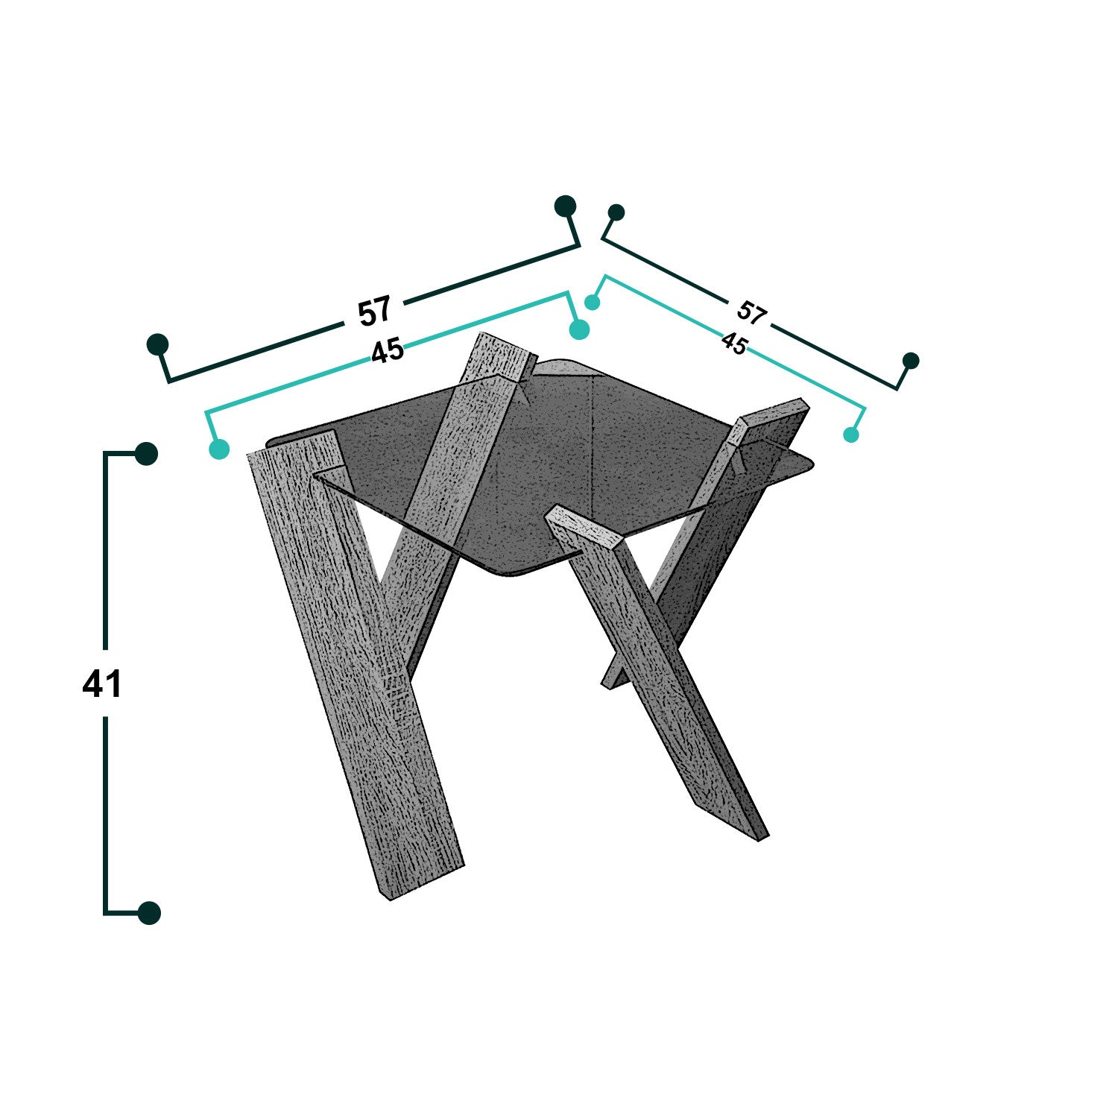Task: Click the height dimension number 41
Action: click(x=102, y=683)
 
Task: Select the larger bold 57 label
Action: click(x=374, y=311)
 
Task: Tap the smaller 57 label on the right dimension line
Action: click(x=751, y=313)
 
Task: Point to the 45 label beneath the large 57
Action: click(x=388, y=350)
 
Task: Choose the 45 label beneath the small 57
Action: click(x=734, y=344)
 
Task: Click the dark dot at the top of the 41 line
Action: click(x=146, y=453)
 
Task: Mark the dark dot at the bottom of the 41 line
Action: click(x=149, y=912)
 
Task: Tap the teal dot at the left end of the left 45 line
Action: click(x=219, y=449)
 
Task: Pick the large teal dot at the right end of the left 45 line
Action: click(x=579, y=329)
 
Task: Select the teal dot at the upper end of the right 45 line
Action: click(x=593, y=302)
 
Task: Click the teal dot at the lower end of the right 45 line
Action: click(x=851, y=435)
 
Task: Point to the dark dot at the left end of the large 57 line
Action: click(x=158, y=344)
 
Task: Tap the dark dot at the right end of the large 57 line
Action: click(x=566, y=206)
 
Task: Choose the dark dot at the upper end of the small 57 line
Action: click(x=616, y=212)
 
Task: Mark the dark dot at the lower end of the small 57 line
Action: click(x=911, y=361)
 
